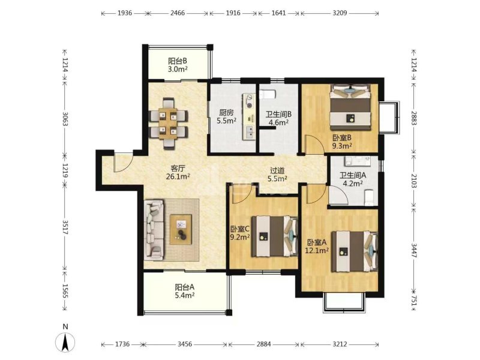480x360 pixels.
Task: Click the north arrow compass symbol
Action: (65, 342)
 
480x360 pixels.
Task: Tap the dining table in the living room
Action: (168, 123)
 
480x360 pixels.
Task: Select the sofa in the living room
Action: (154, 229)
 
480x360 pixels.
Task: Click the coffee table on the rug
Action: (181, 229)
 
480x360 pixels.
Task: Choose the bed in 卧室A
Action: (355, 251)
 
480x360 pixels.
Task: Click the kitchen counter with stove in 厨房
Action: (249, 116)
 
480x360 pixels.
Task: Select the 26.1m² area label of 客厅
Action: (178, 176)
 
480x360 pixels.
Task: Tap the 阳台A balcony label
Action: (185, 287)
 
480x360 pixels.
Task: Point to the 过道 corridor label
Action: (277, 170)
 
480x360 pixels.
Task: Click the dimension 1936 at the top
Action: (125, 13)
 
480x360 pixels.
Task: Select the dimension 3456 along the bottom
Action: (185, 344)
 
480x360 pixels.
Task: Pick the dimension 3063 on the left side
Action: (65, 119)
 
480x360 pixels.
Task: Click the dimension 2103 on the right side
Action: (414, 181)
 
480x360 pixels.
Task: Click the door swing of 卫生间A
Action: (338, 194)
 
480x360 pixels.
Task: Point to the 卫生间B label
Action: (278, 114)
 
